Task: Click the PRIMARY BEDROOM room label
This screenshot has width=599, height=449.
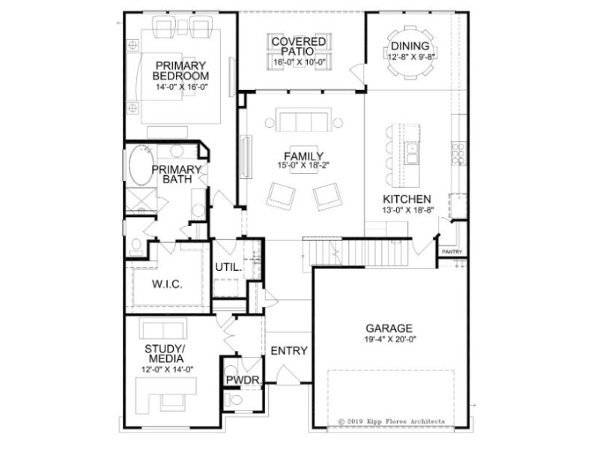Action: point(180,70)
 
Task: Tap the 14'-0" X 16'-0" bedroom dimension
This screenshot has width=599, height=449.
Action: point(181,87)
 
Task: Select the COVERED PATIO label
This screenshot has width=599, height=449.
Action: point(298,46)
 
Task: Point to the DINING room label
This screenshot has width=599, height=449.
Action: point(410,46)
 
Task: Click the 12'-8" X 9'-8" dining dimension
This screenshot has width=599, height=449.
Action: point(410,57)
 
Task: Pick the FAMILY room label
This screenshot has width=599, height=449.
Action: point(304,156)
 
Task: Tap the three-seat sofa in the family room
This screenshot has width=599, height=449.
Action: point(304,120)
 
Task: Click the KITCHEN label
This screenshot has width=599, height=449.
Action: point(407,199)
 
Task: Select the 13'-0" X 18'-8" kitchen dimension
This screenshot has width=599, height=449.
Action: point(408,210)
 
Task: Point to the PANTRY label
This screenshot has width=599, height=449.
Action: point(452,252)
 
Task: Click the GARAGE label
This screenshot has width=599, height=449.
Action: point(389,329)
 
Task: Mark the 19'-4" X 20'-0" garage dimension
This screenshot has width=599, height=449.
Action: point(390,339)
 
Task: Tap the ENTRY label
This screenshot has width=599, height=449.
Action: point(289,350)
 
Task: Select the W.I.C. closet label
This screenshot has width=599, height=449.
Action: point(167,284)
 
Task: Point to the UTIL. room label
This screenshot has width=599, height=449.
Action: point(228,267)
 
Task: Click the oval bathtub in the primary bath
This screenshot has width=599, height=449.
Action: point(142,165)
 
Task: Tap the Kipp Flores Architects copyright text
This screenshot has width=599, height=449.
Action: point(392,421)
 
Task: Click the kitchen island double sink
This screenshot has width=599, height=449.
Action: point(412,153)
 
